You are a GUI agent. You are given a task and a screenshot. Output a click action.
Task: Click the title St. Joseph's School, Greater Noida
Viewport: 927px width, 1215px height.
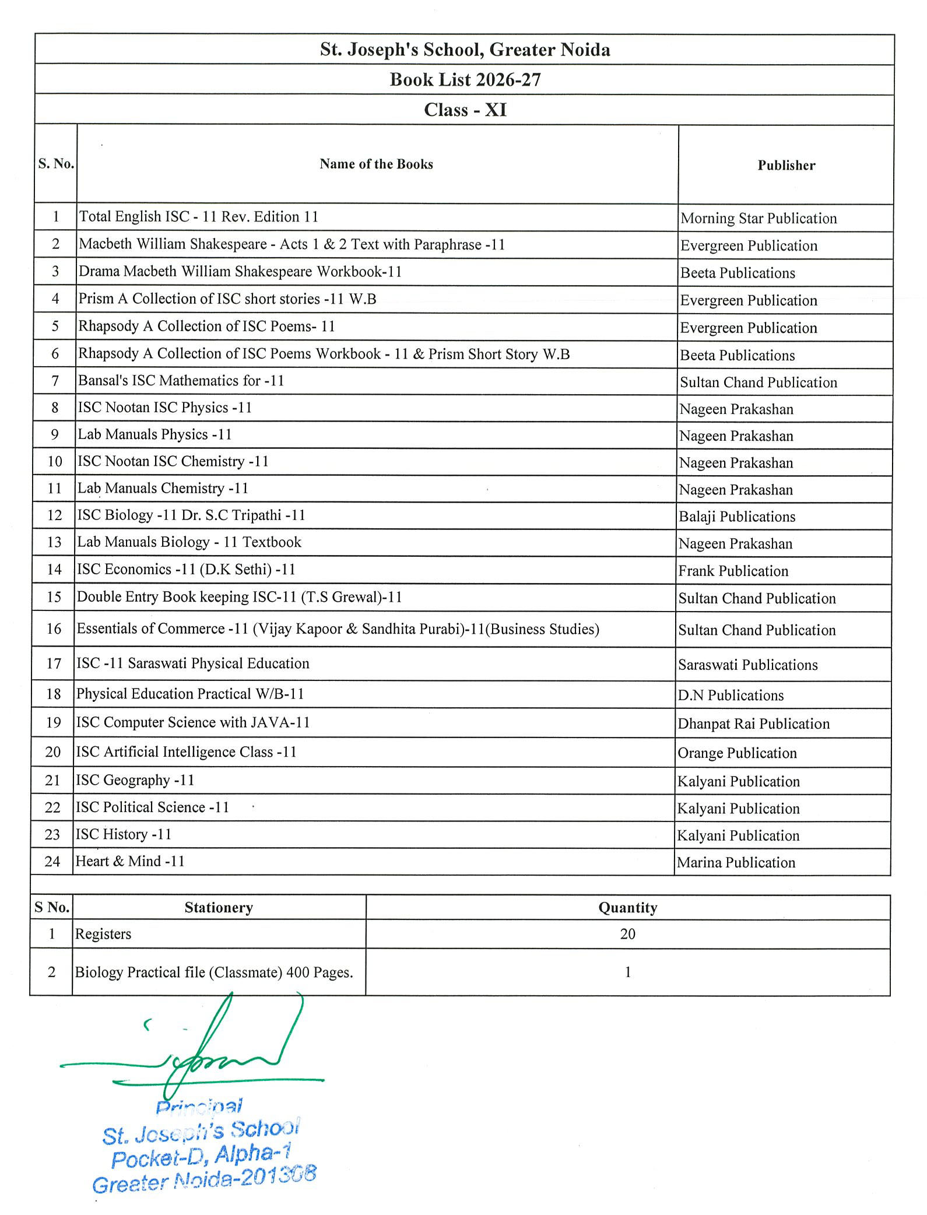(x=465, y=50)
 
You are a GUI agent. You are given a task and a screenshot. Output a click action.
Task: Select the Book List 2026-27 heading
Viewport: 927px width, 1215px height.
(x=465, y=80)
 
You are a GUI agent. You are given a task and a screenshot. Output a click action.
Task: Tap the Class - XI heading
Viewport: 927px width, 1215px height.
(x=465, y=110)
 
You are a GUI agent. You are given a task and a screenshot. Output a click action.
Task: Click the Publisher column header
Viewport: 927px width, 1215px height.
(x=786, y=166)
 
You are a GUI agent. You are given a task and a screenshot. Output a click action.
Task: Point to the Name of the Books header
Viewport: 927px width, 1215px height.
(x=376, y=164)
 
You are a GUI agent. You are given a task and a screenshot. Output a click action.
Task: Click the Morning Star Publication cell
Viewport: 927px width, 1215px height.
(x=759, y=219)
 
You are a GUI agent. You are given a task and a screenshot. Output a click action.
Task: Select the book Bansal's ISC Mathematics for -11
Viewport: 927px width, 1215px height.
(x=181, y=381)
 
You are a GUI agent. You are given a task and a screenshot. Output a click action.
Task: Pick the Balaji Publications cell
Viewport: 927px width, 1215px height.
(x=737, y=517)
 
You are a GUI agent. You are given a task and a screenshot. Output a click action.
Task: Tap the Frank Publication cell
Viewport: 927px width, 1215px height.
(x=733, y=571)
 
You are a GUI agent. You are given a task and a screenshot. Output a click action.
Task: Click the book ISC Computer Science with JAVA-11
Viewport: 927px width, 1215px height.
(x=193, y=723)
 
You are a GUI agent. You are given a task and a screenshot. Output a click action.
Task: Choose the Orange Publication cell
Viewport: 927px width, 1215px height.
(x=737, y=753)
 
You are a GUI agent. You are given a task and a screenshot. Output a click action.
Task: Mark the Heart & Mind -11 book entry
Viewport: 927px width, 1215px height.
(x=130, y=862)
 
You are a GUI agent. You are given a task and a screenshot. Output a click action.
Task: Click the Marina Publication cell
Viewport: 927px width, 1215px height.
(x=736, y=863)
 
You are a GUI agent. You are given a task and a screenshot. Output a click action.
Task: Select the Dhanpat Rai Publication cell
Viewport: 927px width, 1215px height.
(x=753, y=724)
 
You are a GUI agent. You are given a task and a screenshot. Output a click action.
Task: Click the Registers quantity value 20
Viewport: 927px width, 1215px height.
(x=627, y=935)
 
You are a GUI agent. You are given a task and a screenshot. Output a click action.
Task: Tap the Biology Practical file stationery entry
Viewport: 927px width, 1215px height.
(x=214, y=972)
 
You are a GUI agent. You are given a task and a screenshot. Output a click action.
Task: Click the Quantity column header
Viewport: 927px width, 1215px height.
(x=627, y=908)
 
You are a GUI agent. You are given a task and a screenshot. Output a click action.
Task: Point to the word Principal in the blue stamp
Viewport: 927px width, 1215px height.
(x=199, y=1106)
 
